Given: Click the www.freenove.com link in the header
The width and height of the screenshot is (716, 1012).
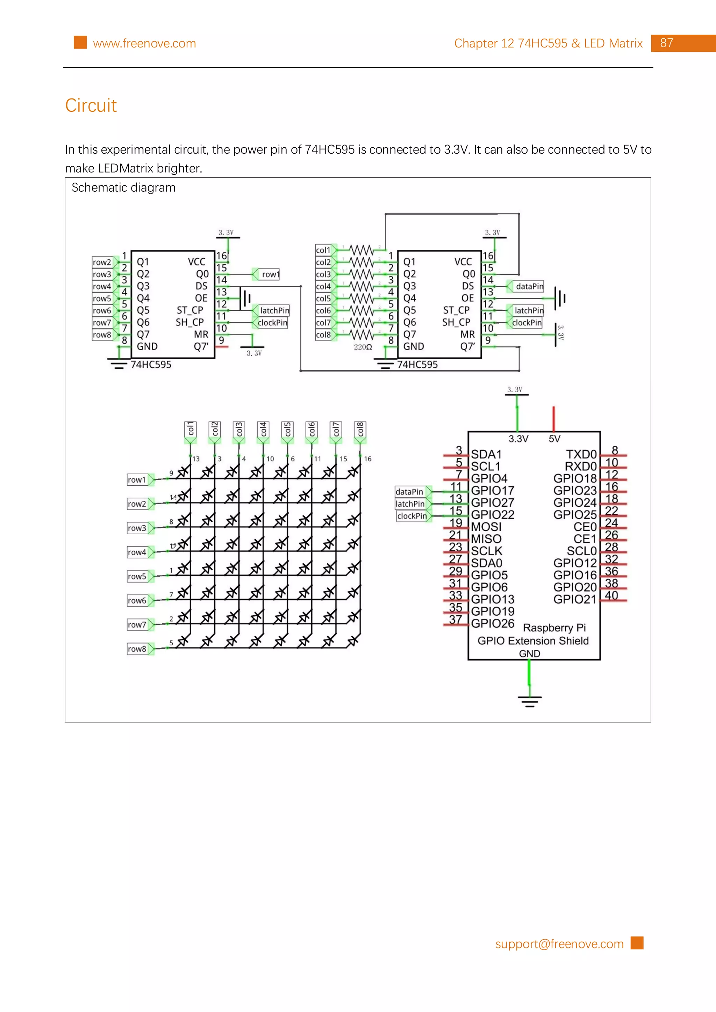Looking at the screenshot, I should click(144, 43).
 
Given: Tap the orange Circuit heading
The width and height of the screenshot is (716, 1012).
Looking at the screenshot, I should click(91, 105).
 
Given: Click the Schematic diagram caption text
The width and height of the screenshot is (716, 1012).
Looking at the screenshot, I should click(123, 188).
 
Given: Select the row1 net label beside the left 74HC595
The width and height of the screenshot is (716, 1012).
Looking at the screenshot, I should click(270, 274).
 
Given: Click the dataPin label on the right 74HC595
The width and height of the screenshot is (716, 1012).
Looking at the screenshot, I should click(529, 286).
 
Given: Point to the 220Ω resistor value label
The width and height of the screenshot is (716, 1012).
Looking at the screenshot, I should click(363, 347).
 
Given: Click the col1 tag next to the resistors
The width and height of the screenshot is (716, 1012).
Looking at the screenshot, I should click(323, 250).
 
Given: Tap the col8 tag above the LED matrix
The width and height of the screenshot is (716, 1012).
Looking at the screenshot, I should click(360, 429).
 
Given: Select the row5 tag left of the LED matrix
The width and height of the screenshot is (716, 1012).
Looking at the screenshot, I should click(137, 576).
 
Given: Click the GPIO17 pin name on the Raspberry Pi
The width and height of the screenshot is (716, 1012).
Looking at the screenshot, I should click(492, 491).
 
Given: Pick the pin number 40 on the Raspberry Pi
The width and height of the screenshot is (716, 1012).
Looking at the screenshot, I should click(611, 595).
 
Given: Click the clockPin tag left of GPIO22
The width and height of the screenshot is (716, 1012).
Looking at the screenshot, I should click(411, 516).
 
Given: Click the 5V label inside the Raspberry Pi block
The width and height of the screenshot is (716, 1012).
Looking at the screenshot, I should click(554, 439).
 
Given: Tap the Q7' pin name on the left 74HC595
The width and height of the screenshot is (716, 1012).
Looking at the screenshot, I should click(201, 347).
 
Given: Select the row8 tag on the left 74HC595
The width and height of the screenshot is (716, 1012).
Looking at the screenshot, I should click(102, 335).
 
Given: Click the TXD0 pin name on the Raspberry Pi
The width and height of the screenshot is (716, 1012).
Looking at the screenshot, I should click(581, 454).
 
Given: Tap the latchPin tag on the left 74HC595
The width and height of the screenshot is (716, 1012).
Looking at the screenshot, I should click(274, 311).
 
